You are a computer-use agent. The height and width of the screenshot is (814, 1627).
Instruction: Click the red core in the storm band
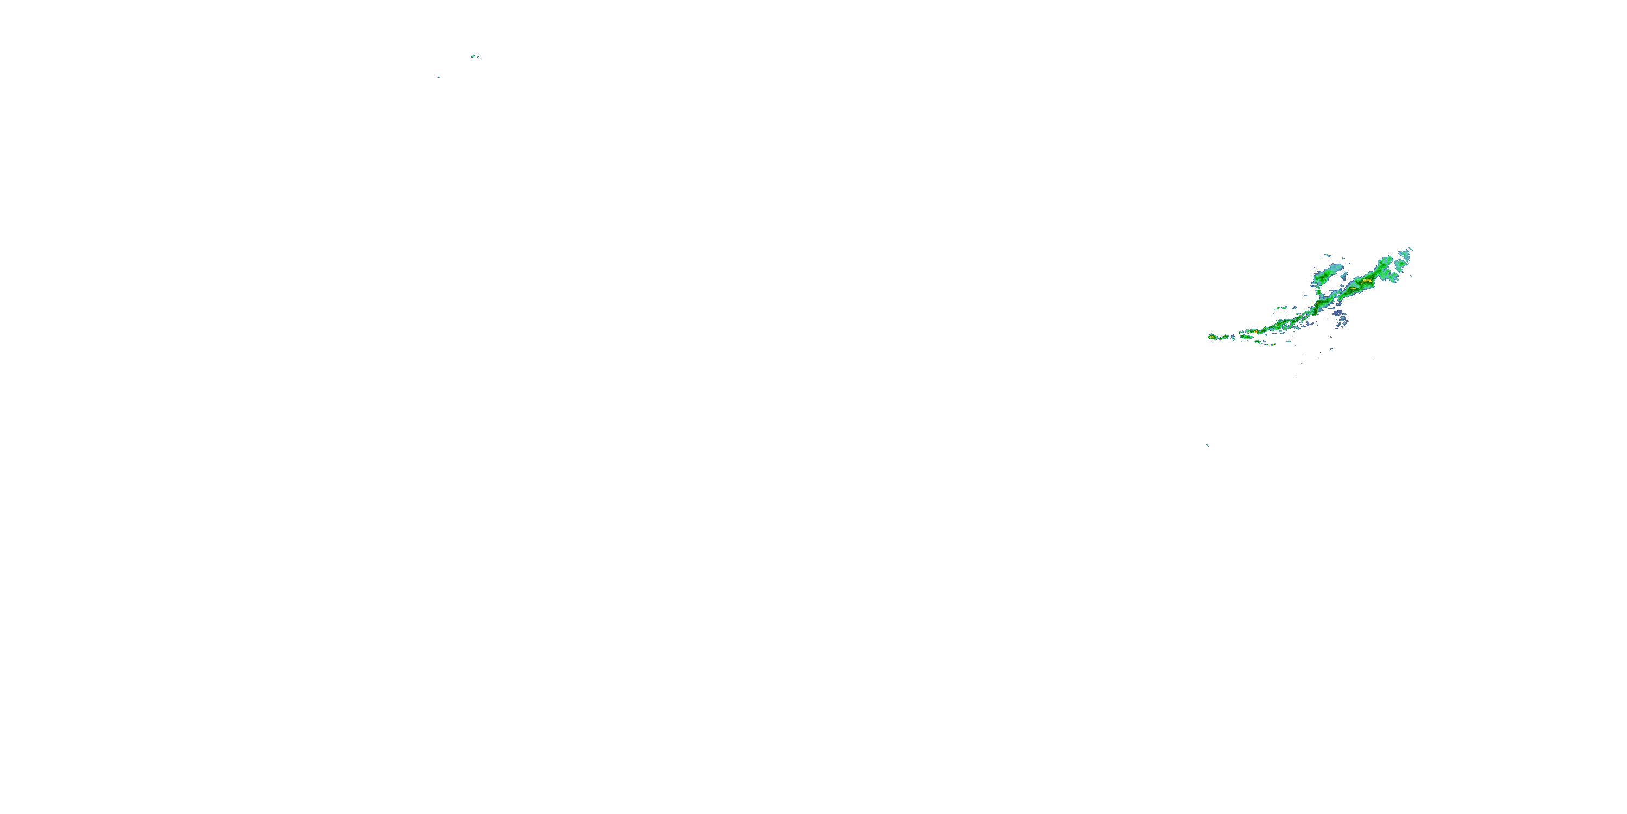[1256, 332]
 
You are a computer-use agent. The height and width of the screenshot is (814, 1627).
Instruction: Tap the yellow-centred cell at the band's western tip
[1213, 338]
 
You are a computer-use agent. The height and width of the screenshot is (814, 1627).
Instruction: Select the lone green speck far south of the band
[1207, 445]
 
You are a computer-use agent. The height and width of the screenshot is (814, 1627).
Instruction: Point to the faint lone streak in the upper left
[440, 78]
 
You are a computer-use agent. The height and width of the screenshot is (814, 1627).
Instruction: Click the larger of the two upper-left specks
[473, 57]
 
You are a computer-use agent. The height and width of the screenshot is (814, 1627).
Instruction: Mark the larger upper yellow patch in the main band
[1367, 281]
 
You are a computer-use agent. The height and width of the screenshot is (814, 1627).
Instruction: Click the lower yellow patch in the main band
[1354, 289]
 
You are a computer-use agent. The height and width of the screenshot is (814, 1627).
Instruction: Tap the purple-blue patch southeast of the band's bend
[1338, 314]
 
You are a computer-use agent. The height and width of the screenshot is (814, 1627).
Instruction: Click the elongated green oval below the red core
[1247, 337]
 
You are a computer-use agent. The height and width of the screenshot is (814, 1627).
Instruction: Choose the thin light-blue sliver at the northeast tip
[1411, 249]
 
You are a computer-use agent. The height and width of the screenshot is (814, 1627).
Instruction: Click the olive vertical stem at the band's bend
[1317, 308]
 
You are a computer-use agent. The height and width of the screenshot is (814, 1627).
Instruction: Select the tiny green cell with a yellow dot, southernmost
[1274, 345]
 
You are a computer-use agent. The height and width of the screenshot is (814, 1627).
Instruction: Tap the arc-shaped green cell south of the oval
[1258, 342]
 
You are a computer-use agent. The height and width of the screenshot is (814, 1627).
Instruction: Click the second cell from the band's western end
[1225, 337]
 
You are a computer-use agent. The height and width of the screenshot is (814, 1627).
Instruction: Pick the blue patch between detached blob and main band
[1344, 276]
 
